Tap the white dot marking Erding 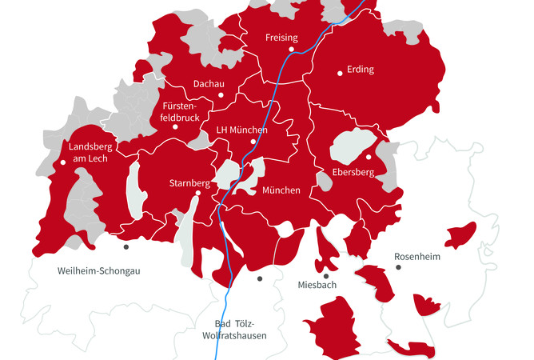pos(340,73)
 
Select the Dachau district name pos(209,84)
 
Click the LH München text pos(241,130)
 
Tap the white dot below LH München pos(253,142)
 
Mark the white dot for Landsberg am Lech pos(63,162)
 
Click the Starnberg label pos(189,183)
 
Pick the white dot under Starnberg pos(198,193)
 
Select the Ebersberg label pos(355,172)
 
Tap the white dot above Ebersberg pos(369,157)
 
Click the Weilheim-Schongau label pos(99,270)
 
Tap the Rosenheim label pos(418,257)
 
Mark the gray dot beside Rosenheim pos(398,266)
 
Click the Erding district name pos(361,70)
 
